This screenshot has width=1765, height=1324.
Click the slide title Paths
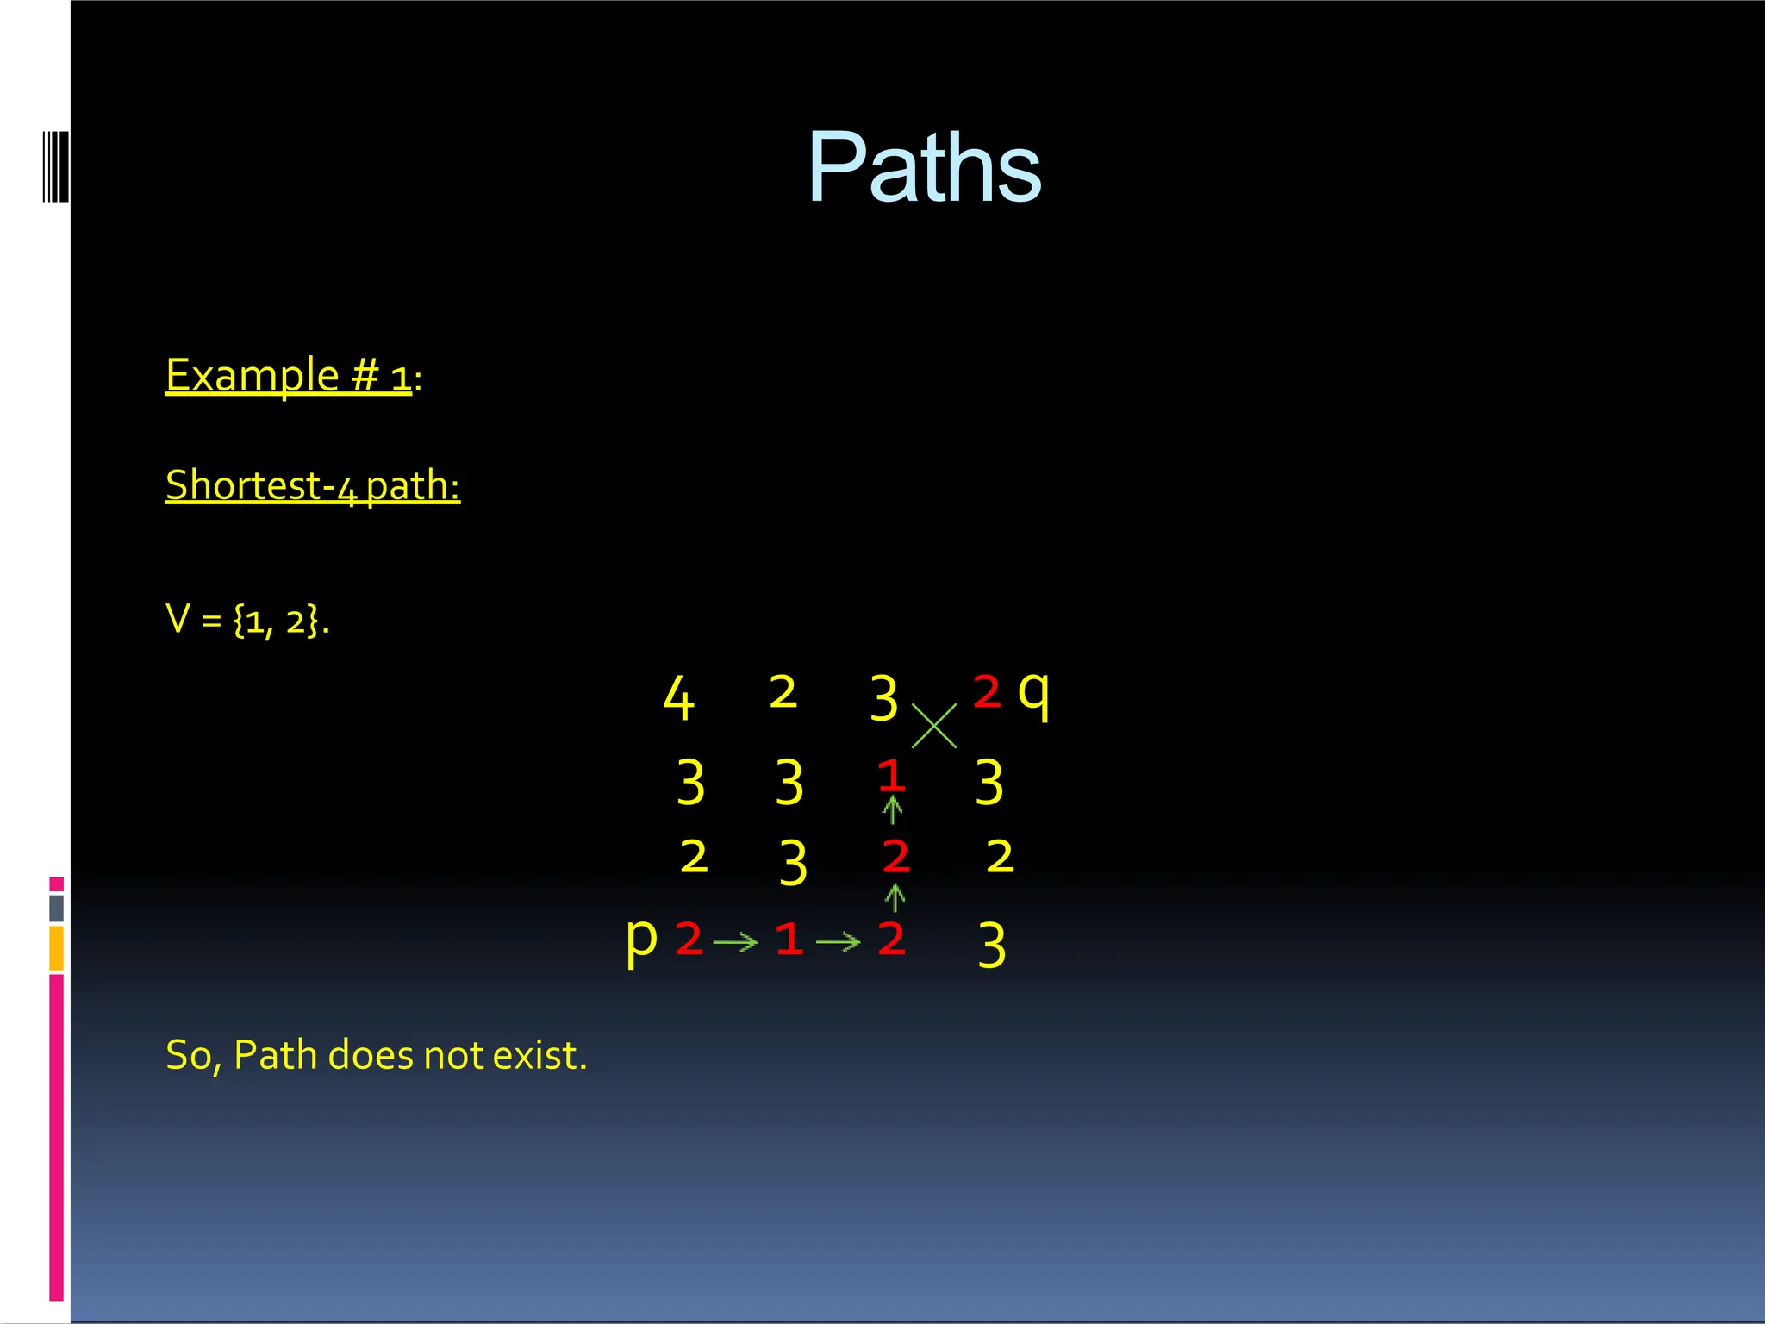[924, 167]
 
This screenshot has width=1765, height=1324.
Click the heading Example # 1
[289, 375]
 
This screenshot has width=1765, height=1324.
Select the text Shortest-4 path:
[312, 485]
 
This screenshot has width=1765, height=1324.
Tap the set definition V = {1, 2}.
[247, 619]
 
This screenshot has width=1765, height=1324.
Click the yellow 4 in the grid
[678, 698]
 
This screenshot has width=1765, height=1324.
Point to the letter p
[641, 940]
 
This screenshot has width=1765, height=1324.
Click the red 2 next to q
[987, 691]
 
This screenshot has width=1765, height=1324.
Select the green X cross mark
[934, 726]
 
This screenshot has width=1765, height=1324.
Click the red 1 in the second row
[891, 775]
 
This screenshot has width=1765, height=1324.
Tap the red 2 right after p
[689, 939]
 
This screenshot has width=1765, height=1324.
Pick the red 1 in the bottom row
[789, 939]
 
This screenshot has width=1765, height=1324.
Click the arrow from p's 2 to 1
[735, 942]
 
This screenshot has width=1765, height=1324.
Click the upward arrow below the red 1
[893, 810]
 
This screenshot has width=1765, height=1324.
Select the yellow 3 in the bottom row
[992, 945]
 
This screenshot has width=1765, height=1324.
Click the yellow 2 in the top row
[783, 692]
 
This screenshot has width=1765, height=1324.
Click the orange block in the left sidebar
[57, 948]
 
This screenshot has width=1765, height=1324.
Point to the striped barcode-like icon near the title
[56, 166]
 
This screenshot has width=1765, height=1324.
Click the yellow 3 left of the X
[883, 698]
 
